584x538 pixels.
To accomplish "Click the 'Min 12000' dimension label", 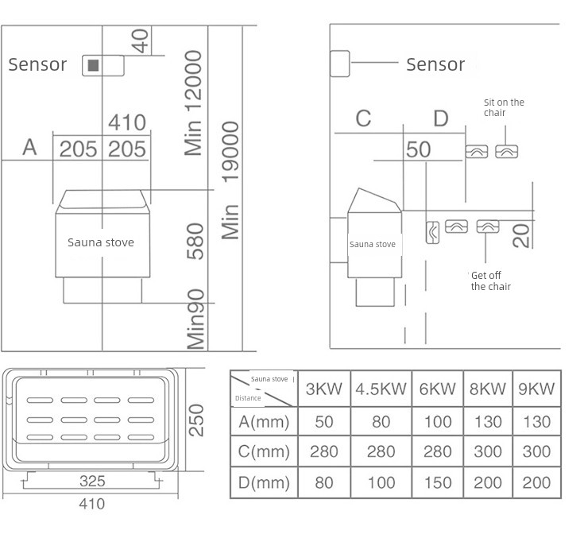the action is (193, 103).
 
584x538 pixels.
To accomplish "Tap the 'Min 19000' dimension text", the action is (230, 180).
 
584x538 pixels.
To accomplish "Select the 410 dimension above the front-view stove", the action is (127, 122).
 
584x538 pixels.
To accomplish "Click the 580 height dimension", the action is (195, 242).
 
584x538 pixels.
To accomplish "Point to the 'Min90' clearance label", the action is (195, 319).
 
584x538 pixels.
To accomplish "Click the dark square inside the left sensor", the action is (93, 65).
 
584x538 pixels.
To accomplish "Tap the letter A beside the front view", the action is (30, 147).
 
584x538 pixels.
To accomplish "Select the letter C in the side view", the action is (364, 118).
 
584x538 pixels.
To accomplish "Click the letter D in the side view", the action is (441, 118).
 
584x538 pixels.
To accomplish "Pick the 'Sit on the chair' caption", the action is (504, 107).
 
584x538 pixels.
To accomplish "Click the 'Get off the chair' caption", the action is (490, 281).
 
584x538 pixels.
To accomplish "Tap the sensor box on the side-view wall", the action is (340, 64).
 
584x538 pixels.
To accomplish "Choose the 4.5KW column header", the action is (381, 389).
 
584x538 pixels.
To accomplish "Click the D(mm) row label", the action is (264, 482).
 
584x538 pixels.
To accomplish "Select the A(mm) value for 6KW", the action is (438, 422).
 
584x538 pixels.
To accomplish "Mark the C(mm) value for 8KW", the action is (488, 451).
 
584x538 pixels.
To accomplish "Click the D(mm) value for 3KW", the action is (323, 482).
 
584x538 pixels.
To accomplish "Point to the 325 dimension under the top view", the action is (92, 481).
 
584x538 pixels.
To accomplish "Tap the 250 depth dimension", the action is (196, 420).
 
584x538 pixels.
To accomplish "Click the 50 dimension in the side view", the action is (418, 149).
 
